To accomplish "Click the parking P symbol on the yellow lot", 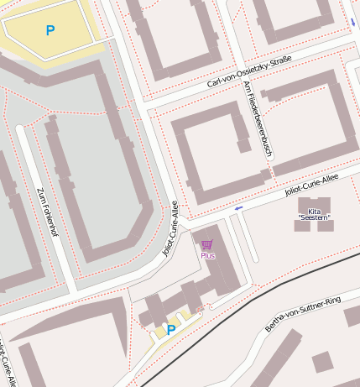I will pyautogui.click(x=50, y=31).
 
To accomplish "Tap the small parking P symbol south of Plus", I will pyautogui.click(x=171, y=330).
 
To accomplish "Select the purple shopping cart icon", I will pyautogui.click(x=206, y=244).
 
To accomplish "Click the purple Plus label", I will pyautogui.click(x=207, y=255).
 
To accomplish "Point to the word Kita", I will pyautogui.click(x=315, y=211).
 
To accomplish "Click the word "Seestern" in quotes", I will pyautogui.click(x=315, y=218).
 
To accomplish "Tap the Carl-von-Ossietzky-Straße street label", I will pyautogui.click(x=248, y=72).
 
